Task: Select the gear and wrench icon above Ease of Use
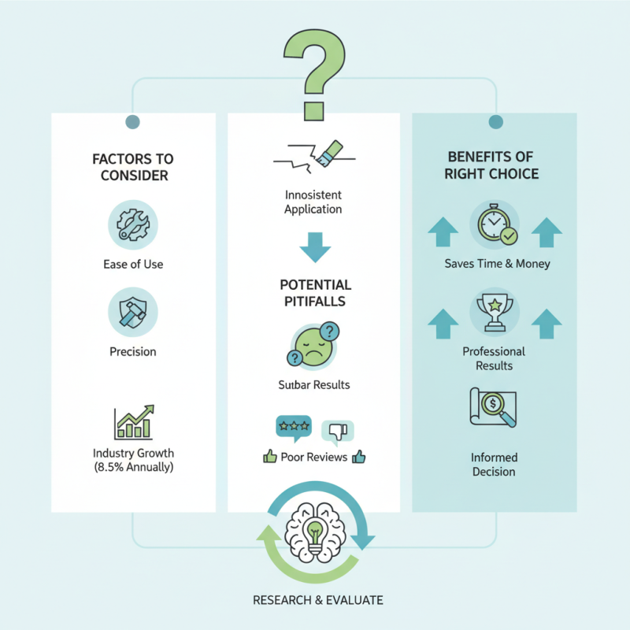[x=133, y=225]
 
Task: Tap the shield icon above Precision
[x=133, y=312]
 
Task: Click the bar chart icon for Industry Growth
[x=134, y=422]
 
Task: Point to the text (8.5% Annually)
[x=134, y=467]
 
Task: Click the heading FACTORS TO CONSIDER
[x=133, y=167]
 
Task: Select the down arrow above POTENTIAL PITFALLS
[x=315, y=247]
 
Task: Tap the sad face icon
[x=313, y=346]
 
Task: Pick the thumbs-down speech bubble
[x=338, y=432]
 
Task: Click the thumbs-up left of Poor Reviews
[x=270, y=457]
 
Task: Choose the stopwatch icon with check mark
[x=497, y=224]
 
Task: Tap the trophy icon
[x=495, y=312]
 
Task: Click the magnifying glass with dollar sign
[x=498, y=407]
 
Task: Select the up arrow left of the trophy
[x=443, y=324]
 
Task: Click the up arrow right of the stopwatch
[x=547, y=232]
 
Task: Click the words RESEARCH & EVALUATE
[x=318, y=600]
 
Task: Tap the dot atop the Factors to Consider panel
[x=132, y=122]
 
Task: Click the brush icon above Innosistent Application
[x=329, y=153]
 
